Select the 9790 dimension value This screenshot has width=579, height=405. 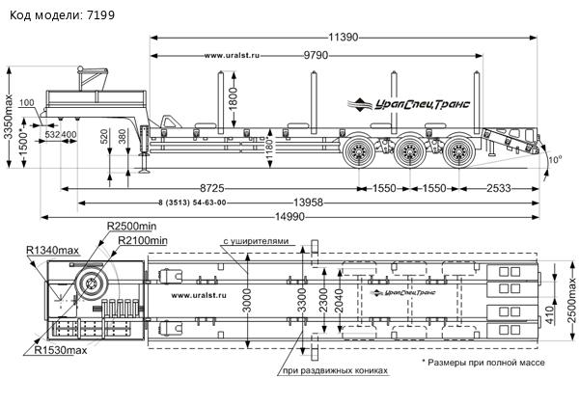[320, 55]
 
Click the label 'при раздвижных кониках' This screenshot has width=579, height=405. [335, 370]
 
